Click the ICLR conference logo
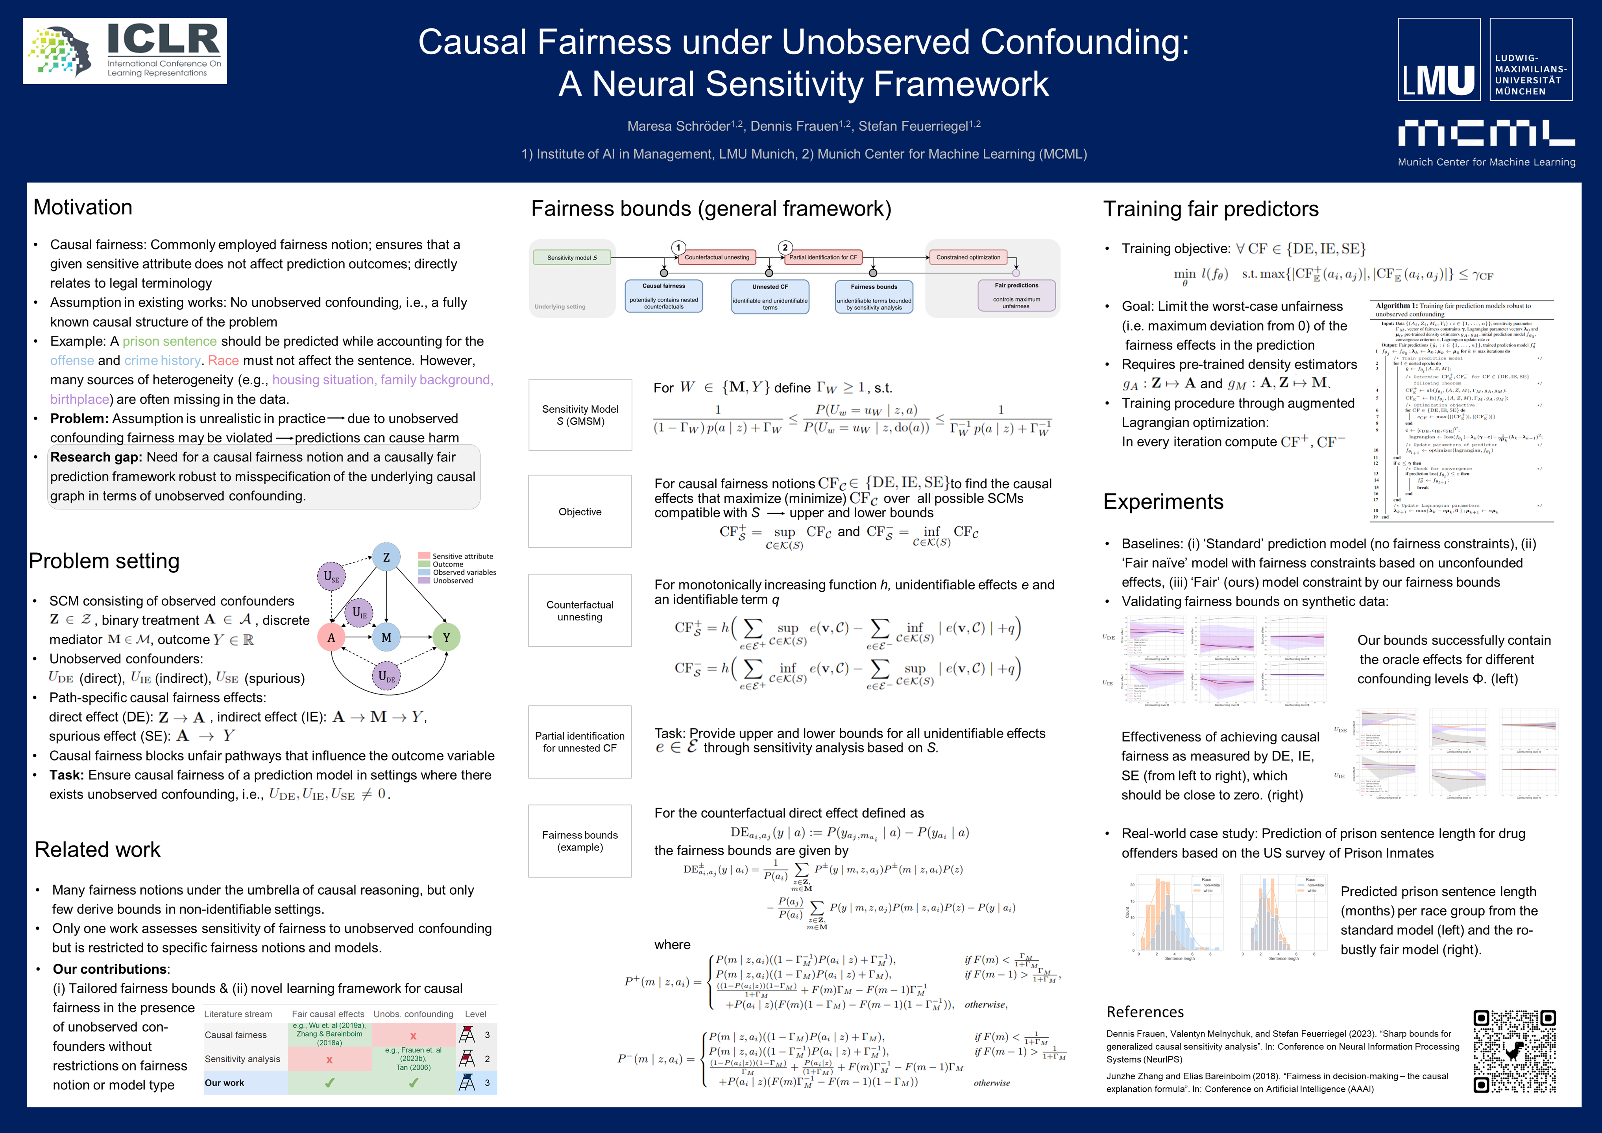pos(125,51)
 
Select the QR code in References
pos(1514,1051)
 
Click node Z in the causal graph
pos(386,557)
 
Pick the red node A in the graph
pos(331,637)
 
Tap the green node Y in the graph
pos(447,637)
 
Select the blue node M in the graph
pos(386,637)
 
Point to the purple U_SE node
pos(331,576)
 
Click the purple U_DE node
pos(386,675)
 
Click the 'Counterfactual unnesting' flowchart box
pos(717,257)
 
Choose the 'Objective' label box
pos(580,511)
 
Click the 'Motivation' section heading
pos(83,207)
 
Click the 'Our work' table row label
pos(225,1083)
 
